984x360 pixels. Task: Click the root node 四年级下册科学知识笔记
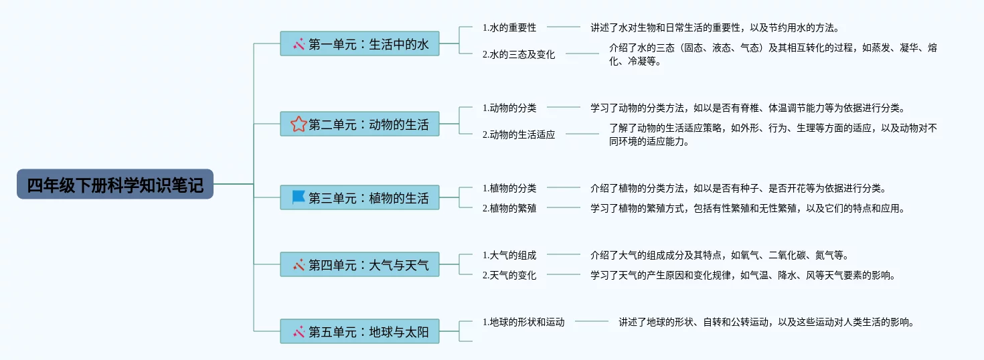115,184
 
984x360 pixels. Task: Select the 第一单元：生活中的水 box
359,44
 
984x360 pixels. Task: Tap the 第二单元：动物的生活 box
359,124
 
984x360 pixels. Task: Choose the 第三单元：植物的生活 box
359,198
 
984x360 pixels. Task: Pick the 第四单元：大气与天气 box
359,265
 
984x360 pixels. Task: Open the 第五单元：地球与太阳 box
359,331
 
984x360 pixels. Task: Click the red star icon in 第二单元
299,124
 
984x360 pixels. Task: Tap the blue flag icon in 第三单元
299,197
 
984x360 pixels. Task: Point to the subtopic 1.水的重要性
509,28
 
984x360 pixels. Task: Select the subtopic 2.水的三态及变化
519,55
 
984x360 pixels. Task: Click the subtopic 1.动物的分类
509,108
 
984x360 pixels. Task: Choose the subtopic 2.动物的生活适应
519,134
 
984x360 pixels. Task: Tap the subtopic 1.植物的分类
509,188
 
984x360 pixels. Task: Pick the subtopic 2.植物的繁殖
509,208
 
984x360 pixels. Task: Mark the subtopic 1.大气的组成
509,255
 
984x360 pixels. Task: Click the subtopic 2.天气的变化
509,275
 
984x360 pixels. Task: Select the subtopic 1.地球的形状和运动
523,322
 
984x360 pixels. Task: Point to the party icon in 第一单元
299,44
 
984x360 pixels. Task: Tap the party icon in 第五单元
299,331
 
